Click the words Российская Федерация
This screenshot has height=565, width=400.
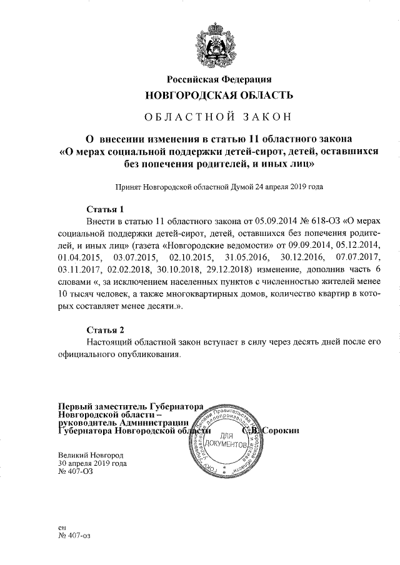pos(218,79)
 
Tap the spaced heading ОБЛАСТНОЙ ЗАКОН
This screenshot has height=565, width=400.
pos(218,117)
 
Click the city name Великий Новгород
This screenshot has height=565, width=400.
pos(91,455)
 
